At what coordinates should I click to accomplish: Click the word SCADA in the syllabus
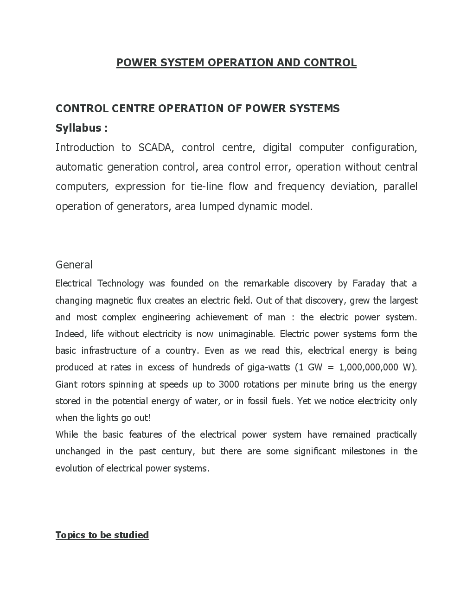pos(155,147)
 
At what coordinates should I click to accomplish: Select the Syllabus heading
pos(82,128)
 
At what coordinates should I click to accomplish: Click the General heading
pos(74,265)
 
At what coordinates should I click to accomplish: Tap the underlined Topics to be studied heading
pos(102,535)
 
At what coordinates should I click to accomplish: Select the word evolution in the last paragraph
pos(74,468)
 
